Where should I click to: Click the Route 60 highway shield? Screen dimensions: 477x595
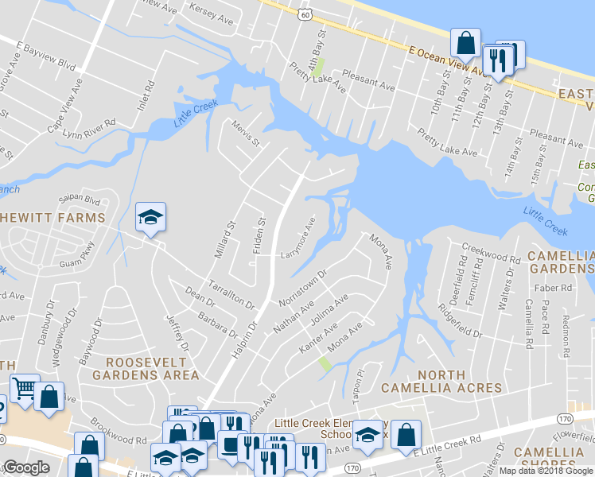point(305,14)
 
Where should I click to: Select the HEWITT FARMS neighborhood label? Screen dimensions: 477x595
point(52,218)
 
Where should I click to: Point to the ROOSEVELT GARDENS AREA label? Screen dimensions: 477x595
point(146,367)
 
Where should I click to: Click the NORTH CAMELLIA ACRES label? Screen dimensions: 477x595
point(441,382)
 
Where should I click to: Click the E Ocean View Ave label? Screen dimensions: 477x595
point(447,61)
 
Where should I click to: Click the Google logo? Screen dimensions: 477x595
point(26,467)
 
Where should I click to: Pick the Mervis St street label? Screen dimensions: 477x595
point(247,133)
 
